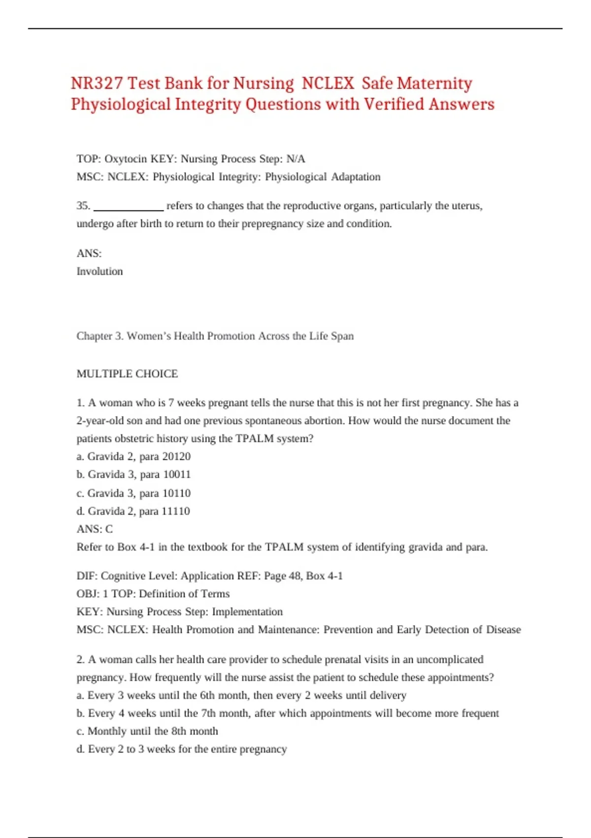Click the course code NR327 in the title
point(97,83)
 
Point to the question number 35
point(83,206)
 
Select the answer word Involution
point(99,271)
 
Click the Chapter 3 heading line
point(215,336)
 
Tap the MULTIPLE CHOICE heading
point(127,374)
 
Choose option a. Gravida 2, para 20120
point(133,456)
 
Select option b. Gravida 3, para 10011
point(133,474)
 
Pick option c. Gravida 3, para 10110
point(133,493)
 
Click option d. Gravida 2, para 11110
point(133,511)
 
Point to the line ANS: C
point(95,529)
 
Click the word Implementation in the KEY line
point(247,612)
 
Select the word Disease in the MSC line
point(503,629)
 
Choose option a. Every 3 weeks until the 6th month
point(241,696)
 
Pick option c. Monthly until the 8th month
point(147,731)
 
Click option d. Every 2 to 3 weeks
point(182,749)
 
